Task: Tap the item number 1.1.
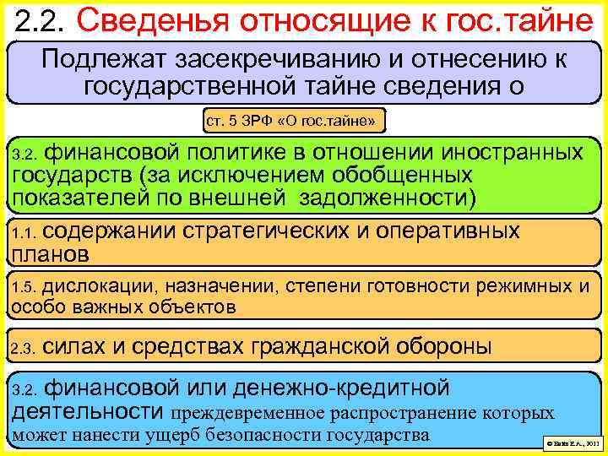pyautogui.click(x=22, y=232)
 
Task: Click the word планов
pyautogui.click(x=49, y=252)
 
